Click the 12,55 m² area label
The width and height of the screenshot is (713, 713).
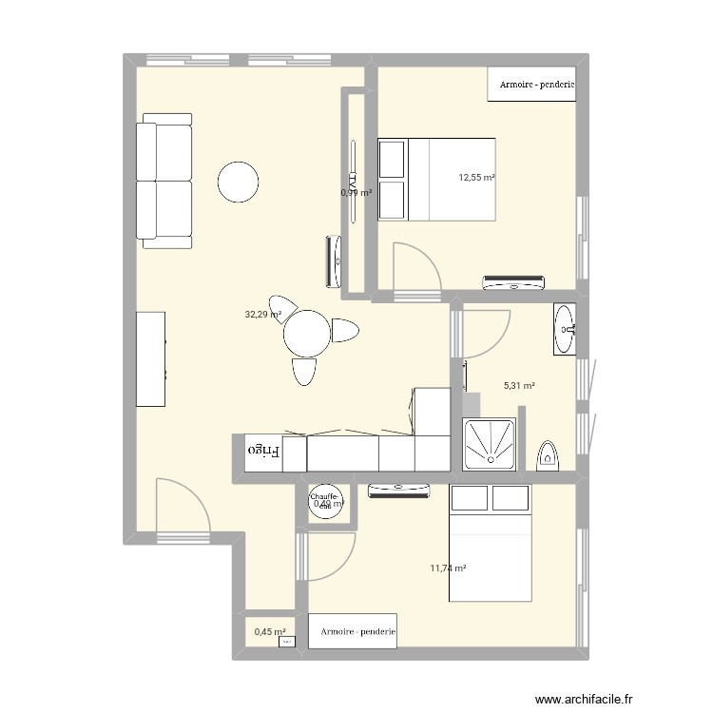476,177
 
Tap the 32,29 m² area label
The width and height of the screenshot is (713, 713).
263,314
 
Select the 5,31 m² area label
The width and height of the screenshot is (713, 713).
519,386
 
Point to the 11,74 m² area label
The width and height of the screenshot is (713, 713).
448,568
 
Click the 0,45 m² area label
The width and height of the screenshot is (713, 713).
269,629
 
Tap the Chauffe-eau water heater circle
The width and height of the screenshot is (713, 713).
324,503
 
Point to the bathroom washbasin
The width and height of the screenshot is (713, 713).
566,330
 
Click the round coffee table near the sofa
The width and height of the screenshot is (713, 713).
238,182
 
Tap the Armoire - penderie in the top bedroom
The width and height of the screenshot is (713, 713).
533,85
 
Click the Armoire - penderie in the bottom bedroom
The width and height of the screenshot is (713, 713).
353,631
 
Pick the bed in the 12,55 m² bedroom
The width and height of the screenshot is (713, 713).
437,179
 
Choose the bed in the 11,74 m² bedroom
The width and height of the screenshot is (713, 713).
491,543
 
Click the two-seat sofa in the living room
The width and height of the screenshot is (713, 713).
165,181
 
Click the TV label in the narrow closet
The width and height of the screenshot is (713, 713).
352,180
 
